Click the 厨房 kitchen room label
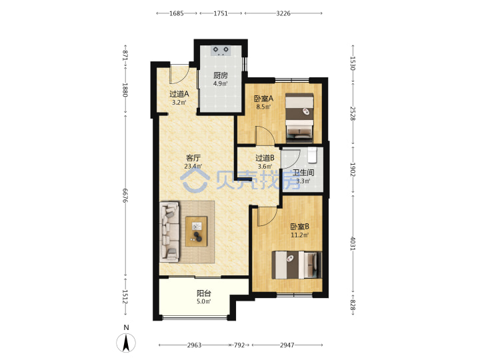(221, 75)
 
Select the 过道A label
(179, 94)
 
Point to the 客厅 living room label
(193, 158)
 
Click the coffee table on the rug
(196, 231)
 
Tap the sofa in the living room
(169, 232)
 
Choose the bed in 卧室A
(299, 118)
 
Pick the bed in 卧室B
(297, 265)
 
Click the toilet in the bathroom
(312, 155)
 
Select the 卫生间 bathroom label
(303, 173)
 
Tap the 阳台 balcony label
(204, 293)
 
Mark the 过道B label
(265, 158)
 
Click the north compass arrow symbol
(126, 343)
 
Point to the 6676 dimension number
(125, 195)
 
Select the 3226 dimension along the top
(283, 13)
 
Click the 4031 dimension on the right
(353, 243)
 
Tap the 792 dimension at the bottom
(239, 345)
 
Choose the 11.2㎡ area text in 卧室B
(300, 235)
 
